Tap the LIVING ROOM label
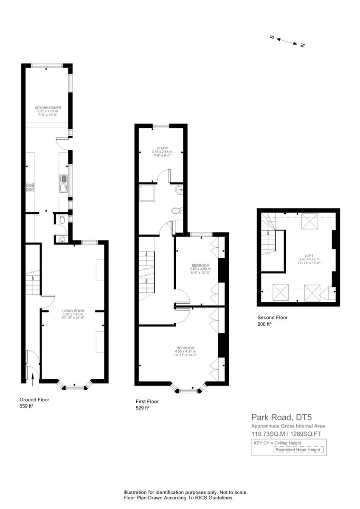(x=73, y=310)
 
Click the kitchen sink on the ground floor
(x=63, y=184)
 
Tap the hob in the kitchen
(x=30, y=187)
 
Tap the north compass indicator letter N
(x=302, y=45)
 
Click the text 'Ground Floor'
(x=34, y=400)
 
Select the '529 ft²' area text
(x=143, y=408)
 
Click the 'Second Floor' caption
(x=273, y=317)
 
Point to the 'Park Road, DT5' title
(x=278, y=417)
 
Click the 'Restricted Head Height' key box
(x=299, y=450)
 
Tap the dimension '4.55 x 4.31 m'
(x=186, y=351)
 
